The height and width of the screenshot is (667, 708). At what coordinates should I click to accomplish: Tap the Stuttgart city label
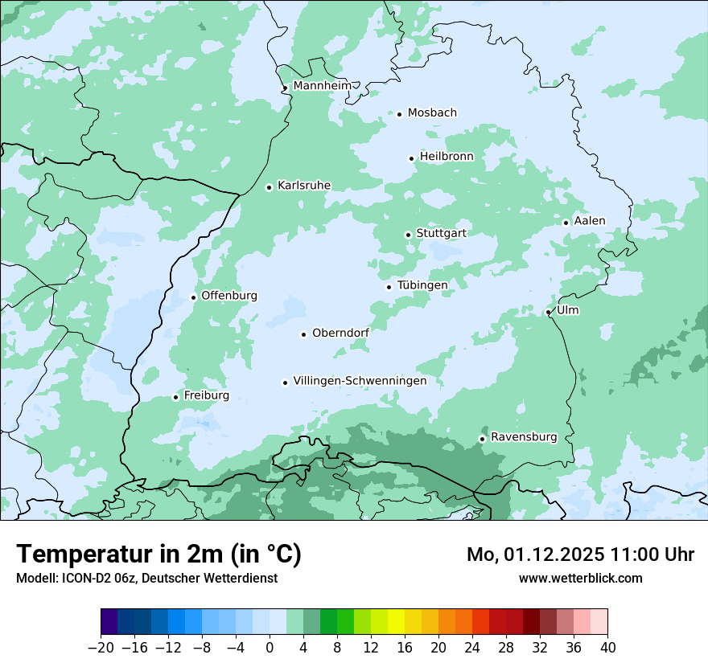441,233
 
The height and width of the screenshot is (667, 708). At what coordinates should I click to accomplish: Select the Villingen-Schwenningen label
360,381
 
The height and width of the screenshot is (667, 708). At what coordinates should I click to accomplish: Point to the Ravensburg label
524,437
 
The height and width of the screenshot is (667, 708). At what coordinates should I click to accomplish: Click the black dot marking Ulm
548,312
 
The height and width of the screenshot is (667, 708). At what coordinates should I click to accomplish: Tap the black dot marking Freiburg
175,397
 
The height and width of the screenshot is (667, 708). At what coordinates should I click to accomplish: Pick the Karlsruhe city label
304,186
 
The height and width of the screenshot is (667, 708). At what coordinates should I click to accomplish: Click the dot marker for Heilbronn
411,158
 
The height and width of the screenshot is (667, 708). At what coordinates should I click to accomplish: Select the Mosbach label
432,113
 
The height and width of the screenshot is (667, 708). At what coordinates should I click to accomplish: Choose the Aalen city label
590,221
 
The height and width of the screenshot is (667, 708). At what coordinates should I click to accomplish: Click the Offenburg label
229,296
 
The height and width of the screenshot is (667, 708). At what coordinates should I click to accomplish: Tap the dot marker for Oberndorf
303,334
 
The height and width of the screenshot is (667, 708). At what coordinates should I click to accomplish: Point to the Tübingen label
422,285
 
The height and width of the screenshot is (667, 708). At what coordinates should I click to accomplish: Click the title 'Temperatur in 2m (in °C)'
158,554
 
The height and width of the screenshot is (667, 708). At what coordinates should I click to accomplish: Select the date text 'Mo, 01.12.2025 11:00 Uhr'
580,554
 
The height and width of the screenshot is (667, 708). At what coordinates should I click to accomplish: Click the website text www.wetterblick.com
580,578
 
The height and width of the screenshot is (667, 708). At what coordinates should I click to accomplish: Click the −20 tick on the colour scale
101,648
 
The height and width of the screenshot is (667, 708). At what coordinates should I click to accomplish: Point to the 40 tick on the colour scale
607,648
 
